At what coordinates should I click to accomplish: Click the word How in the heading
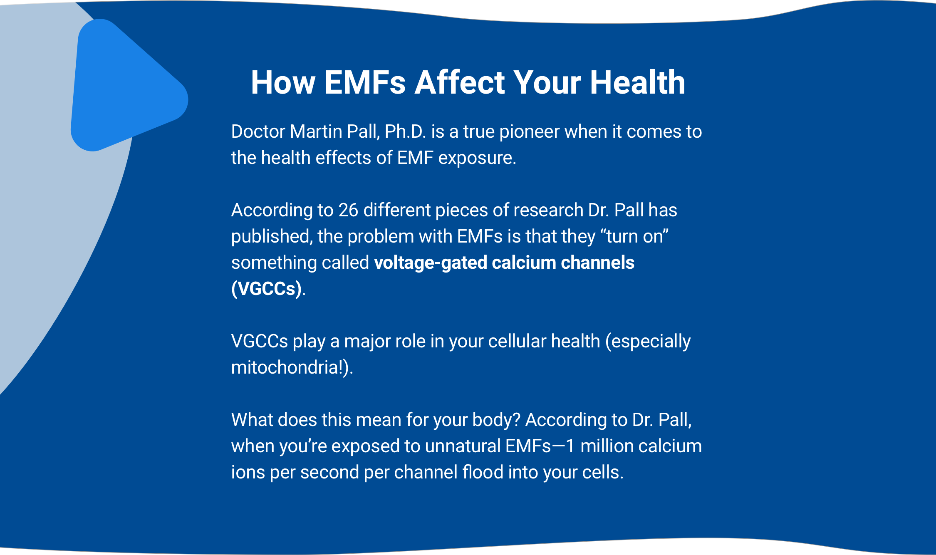(x=283, y=82)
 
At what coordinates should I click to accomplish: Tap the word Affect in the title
(x=460, y=82)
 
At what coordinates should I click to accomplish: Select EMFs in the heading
(x=365, y=82)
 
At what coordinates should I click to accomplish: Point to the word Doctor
(x=258, y=131)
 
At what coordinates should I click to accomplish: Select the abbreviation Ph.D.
(x=405, y=131)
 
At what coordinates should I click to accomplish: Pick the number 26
(x=348, y=210)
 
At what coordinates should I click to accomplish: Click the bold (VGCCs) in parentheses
(x=266, y=289)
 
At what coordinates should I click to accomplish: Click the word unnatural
(x=463, y=446)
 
